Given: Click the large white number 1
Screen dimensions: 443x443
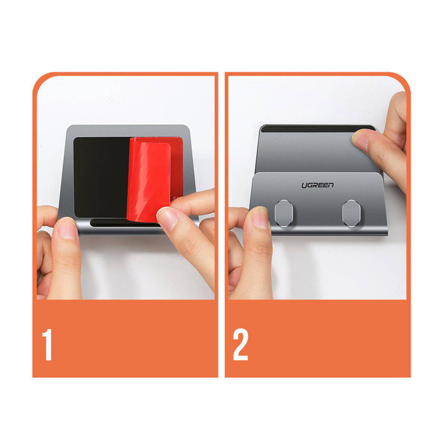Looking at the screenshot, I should coord(47,344).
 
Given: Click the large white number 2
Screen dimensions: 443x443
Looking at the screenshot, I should coord(240,344).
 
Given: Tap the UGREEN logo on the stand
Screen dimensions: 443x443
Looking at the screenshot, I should coord(318,185).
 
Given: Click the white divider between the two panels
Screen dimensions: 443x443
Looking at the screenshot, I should coord(221,221).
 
